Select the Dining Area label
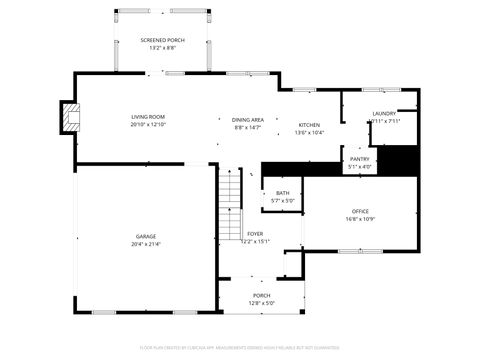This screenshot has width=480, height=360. click(x=247, y=119)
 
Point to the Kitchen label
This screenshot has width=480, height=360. click(x=309, y=125)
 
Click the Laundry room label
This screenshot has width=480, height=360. click(x=384, y=114)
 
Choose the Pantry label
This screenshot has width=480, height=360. click(x=359, y=159)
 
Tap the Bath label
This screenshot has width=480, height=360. click(x=283, y=193)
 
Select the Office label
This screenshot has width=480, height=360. click(x=360, y=211)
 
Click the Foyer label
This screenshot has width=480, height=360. click(x=255, y=233)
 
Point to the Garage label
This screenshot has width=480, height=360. click(x=146, y=236)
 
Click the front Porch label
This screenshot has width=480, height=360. click(x=261, y=295)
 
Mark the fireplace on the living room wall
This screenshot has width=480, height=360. click(x=69, y=117)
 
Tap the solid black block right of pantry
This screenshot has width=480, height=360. click(x=401, y=159)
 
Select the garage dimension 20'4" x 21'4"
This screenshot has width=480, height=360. click(x=146, y=244)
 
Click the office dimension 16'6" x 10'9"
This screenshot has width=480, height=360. click(x=360, y=219)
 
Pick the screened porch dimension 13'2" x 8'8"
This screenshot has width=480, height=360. click(x=161, y=48)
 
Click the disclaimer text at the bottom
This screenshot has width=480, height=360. click(x=240, y=348)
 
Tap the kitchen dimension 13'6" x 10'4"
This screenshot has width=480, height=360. click(x=309, y=133)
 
